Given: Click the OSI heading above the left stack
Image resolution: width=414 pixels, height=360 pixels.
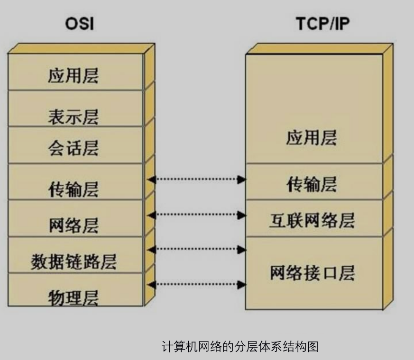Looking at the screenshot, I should [x=80, y=24].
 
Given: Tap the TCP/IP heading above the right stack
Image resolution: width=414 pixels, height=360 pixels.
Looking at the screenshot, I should [x=323, y=24].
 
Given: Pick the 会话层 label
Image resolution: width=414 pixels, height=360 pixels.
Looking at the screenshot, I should [x=74, y=149].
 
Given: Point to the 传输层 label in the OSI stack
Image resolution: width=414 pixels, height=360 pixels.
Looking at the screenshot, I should [x=74, y=189].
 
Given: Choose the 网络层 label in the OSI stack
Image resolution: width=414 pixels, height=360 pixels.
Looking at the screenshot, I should [x=74, y=225].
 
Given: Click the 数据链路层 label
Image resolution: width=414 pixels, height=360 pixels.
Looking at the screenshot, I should [x=74, y=261].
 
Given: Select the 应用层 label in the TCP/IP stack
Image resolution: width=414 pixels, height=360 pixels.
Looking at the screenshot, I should [x=311, y=138].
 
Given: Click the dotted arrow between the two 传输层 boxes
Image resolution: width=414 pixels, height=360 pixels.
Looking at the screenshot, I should [x=197, y=179].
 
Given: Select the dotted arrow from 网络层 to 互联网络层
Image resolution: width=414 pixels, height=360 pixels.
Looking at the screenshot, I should [x=197, y=215].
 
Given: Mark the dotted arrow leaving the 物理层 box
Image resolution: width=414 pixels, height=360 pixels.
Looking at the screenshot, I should [x=197, y=284].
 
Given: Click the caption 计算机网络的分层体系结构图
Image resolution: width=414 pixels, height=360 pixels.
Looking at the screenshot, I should [x=240, y=346].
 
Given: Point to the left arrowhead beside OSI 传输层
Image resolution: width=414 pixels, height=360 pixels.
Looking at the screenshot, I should [x=151, y=179].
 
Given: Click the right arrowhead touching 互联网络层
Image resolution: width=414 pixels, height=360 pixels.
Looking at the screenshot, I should [x=242, y=215].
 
